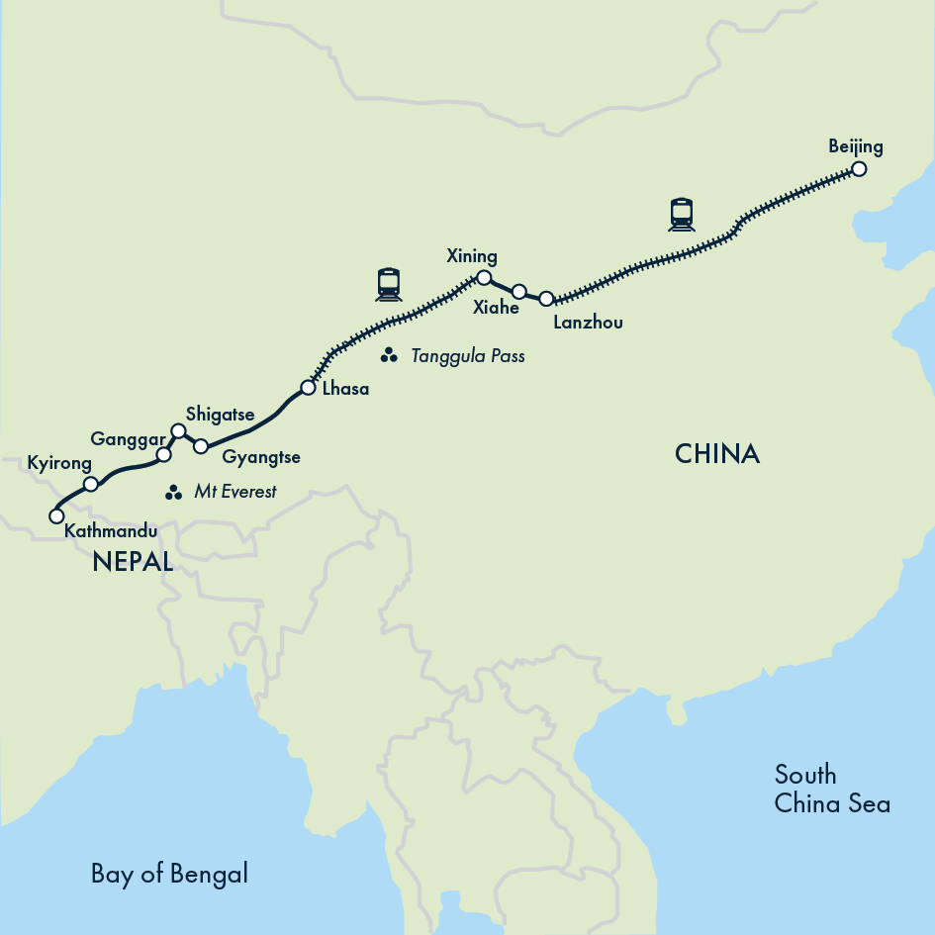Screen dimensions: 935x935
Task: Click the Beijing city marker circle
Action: (x=859, y=169)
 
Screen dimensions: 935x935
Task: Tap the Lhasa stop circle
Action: (x=308, y=388)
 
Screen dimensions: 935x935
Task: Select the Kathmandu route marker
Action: (x=56, y=515)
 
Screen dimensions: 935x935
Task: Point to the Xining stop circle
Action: (x=484, y=277)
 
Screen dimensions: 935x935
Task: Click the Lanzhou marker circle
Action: (x=546, y=298)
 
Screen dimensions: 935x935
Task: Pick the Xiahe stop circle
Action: (x=518, y=291)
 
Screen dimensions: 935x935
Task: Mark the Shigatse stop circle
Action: (x=178, y=430)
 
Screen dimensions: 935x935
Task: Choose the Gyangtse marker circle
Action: (x=200, y=446)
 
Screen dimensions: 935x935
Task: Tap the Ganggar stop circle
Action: (x=164, y=455)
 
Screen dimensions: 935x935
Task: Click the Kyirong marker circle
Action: (x=91, y=484)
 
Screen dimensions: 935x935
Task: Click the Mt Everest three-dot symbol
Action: (x=174, y=492)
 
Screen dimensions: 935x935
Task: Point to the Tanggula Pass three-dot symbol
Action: (x=389, y=355)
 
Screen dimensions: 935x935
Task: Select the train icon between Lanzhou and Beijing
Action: (x=681, y=214)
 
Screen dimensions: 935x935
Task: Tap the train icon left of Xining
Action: (x=389, y=284)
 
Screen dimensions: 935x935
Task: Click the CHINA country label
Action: (x=717, y=454)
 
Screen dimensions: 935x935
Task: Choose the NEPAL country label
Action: (x=133, y=563)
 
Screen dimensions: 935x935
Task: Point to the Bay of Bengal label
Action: (x=169, y=874)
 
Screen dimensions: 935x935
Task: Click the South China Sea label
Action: (x=832, y=789)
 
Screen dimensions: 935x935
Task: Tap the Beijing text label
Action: (x=856, y=146)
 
